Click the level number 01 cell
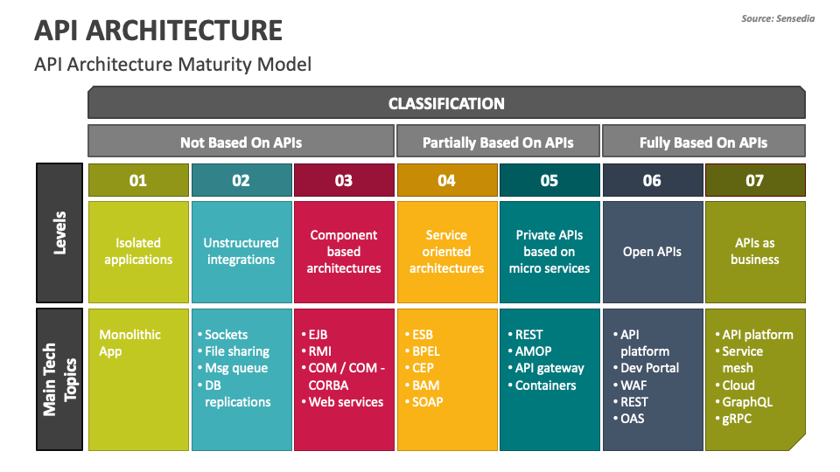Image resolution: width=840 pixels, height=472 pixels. [138, 180]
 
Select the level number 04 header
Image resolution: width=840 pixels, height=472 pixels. [447, 180]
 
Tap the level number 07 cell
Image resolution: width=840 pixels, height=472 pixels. [755, 180]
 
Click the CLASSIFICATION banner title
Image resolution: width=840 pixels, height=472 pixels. [446, 103]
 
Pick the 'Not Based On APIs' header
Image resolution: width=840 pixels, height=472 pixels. [241, 142]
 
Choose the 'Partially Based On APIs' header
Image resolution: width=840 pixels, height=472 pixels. [498, 142]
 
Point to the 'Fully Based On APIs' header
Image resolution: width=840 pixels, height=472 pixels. [703, 142]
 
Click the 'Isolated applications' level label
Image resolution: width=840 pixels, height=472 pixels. [138, 251]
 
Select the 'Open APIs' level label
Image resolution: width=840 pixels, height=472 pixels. [652, 252]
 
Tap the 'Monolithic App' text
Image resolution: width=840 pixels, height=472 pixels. [129, 343]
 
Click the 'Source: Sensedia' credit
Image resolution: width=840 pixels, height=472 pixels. [778, 18]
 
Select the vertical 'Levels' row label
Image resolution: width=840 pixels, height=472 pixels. [59, 233]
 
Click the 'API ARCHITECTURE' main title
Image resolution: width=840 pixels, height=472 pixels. [158, 30]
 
